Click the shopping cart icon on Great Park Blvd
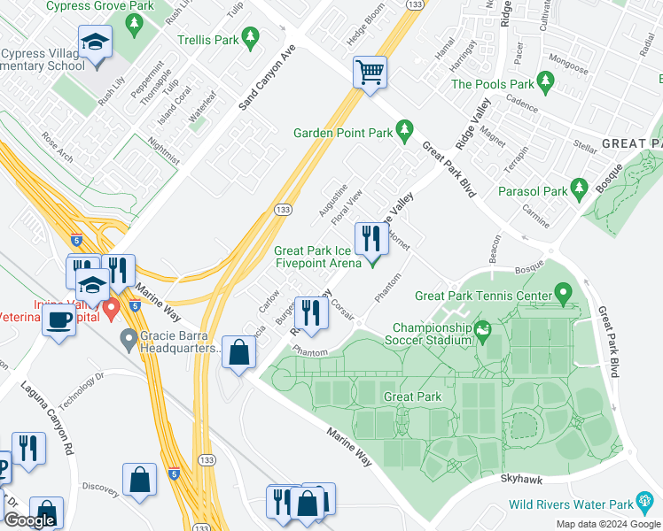pos(370,72)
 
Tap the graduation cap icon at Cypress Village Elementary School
pos(94,42)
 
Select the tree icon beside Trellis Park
pos(251,37)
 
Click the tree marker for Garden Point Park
pos(405,131)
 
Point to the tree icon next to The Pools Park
pos(546,83)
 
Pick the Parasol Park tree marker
pos(580,189)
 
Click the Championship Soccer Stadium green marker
pos(483,332)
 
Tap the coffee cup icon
pos(58,319)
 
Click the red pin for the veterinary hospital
pos(111,309)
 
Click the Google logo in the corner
pos(29,520)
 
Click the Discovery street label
pos(100,486)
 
